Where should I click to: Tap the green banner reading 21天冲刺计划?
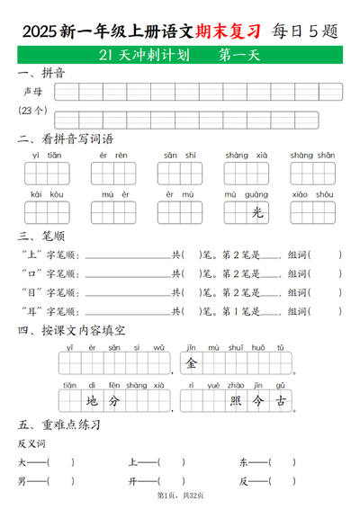point(180,56)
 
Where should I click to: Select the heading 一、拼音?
point(40,73)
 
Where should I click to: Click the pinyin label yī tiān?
point(48,156)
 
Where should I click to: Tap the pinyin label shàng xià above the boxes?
point(246,156)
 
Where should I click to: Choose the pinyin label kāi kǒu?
point(48,194)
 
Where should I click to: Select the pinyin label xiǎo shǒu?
point(312,194)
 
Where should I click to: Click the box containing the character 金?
point(192,363)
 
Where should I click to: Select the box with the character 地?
point(91,401)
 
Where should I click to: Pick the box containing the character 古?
point(283,401)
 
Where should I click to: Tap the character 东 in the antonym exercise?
point(243,462)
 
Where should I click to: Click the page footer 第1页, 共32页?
point(180,496)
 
